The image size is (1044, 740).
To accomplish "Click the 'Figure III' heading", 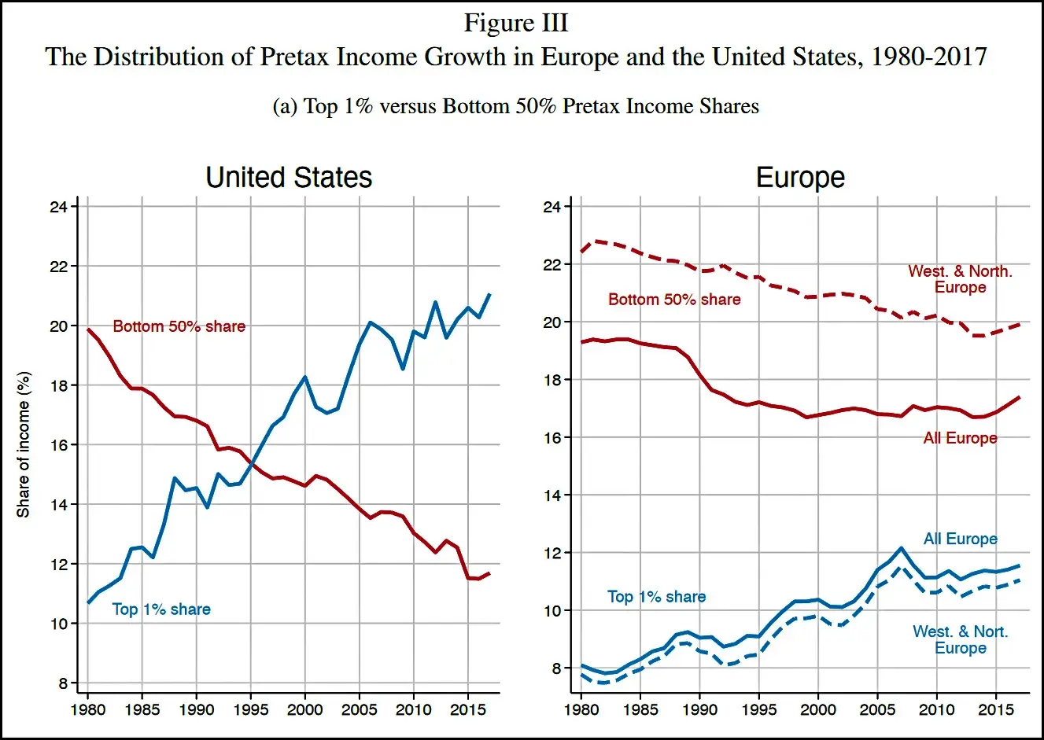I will click(515, 23).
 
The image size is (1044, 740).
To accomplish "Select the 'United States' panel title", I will click(289, 177).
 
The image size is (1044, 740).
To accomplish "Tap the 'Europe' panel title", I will click(800, 177).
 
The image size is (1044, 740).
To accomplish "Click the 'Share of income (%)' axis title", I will click(24, 444).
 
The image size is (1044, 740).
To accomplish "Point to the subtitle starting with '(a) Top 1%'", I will click(515, 106).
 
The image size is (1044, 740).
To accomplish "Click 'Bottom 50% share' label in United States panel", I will click(179, 326).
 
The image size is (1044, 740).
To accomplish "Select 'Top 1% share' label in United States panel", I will click(161, 609).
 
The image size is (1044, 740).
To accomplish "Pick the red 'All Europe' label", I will click(960, 438).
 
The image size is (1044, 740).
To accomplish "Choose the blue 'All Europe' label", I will click(960, 539).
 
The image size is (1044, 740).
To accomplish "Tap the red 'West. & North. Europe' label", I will click(960, 279).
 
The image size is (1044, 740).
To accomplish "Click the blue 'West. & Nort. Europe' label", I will click(960, 639).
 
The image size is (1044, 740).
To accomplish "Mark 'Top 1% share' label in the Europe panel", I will click(656, 597).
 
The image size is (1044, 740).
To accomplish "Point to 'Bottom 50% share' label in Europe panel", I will click(674, 300).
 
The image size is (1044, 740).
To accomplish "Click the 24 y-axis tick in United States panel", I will click(57, 207).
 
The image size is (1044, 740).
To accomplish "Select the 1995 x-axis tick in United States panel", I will click(250, 709).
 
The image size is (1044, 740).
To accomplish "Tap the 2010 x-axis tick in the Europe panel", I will click(936, 709).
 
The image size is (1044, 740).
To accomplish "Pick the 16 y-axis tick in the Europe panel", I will click(552, 438).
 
